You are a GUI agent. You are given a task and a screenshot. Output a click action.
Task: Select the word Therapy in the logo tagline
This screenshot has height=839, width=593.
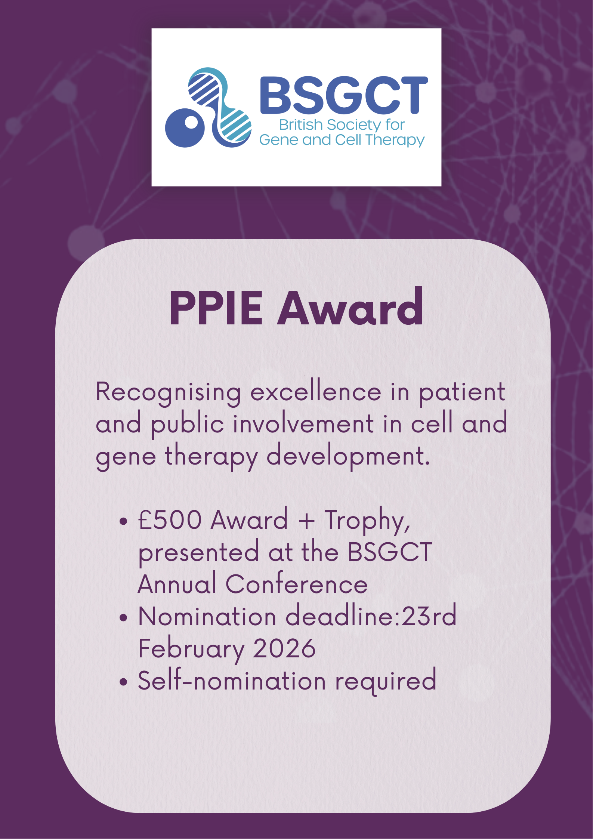395,140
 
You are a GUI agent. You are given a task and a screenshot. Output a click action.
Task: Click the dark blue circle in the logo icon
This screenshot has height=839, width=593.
185,127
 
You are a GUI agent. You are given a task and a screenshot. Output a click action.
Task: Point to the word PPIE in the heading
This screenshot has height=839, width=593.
216,309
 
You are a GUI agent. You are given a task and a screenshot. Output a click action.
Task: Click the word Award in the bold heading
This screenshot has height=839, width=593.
350,309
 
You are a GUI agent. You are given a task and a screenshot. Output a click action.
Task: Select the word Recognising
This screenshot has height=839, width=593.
168,393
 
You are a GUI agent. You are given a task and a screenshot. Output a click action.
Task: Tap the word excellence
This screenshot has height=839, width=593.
316,392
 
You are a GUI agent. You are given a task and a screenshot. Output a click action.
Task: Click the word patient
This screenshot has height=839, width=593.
462,393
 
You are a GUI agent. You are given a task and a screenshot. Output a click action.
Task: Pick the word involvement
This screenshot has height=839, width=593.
303,424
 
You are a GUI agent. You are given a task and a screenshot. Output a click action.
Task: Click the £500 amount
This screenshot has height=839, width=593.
170,520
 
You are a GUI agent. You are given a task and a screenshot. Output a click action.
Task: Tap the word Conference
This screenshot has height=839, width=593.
297,584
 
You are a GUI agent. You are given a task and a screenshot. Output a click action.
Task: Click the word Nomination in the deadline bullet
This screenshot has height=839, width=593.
207,616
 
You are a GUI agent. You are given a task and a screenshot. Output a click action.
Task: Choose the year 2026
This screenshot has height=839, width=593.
284,648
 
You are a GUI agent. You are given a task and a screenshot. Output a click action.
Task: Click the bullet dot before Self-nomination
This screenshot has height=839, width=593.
123,682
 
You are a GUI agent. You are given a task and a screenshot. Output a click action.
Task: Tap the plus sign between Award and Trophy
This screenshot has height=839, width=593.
306,521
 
